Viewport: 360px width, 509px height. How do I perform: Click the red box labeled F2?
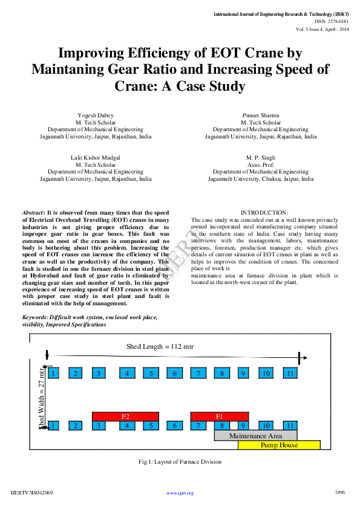tap(125, 417)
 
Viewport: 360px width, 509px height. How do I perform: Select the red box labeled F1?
tap(219, 417)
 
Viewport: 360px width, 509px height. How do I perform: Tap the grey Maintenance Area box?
tap(256, 435)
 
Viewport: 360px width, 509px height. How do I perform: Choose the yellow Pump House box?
tap(279, 445)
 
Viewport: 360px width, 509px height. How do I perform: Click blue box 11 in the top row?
tap(291, 374)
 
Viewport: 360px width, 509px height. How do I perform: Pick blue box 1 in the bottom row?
tap(54, 426)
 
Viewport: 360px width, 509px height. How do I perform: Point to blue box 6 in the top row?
tap(174, 374)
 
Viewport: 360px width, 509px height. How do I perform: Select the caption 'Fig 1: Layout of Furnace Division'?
tap(180, 462)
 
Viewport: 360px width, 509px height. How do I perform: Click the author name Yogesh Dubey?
tap(95, 115)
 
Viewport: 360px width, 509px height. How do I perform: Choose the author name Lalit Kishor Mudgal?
tap(95, 157)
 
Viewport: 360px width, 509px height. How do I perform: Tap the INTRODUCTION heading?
tap(264, 212)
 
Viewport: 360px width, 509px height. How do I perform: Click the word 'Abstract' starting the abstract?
tap(33, 213)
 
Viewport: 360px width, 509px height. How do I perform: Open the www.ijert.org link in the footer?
tap(180, 493)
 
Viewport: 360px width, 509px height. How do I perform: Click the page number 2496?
tap(339, 493)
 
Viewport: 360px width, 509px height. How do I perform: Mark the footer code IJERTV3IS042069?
tap(32, 493)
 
